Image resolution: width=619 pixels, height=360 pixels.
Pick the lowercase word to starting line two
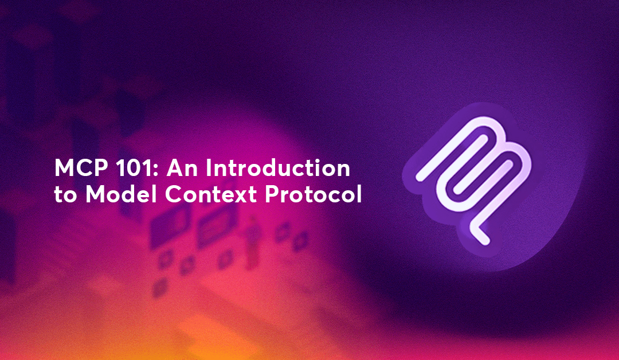coord(65,194)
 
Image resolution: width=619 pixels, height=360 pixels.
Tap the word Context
coord(211,194)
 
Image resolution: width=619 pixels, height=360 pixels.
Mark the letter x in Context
coord(241,197)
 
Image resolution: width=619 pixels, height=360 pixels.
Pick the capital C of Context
coord(174,194)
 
